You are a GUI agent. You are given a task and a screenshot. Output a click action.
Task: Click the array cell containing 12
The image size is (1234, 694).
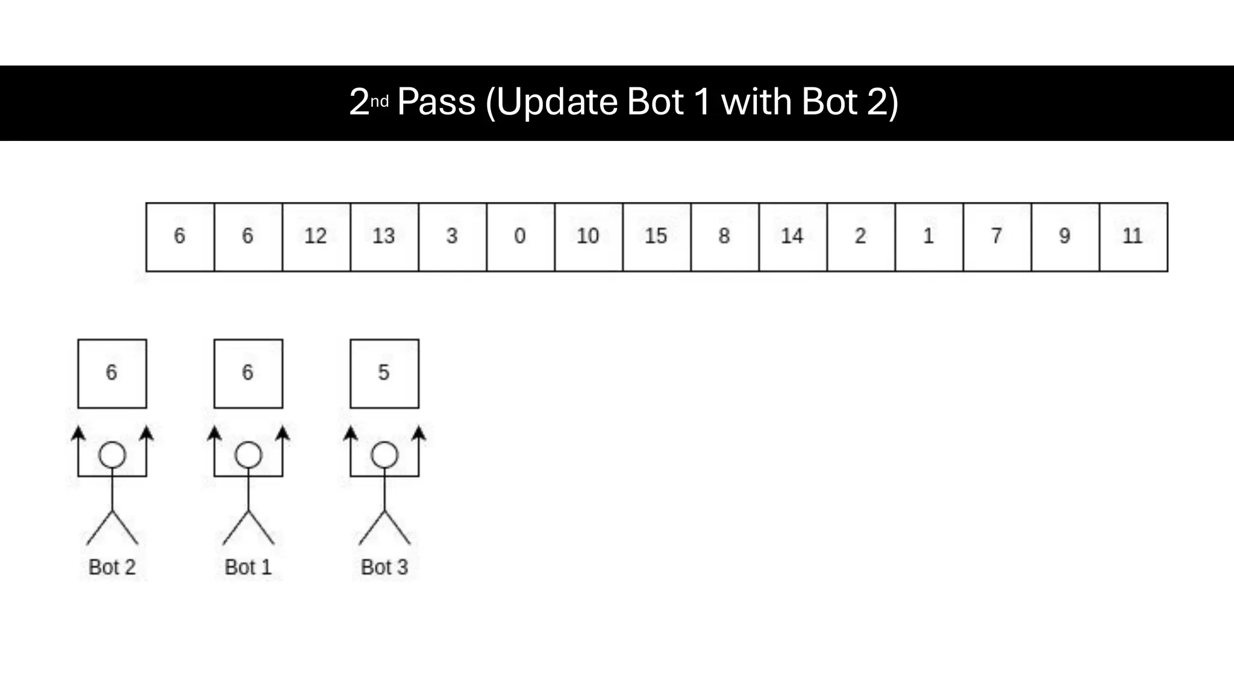[316, 237]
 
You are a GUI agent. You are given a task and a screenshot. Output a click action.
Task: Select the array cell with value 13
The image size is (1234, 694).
[384, 237]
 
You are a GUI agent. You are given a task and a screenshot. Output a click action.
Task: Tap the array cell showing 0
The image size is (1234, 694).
[521, 237]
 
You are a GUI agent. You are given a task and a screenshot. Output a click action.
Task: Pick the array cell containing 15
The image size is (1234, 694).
[657, 237]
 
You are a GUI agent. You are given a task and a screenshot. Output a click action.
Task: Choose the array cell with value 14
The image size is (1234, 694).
[793, 237]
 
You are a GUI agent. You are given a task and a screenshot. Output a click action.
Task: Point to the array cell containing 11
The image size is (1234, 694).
[1133, 237]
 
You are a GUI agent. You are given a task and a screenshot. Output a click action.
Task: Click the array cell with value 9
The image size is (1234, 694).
[1065, 237]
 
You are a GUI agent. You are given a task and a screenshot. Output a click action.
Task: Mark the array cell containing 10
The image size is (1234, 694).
[589, 237]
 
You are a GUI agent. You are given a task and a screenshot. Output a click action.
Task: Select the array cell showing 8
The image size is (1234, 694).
[725, 237]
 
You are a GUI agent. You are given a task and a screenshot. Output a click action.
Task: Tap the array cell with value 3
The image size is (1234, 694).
[453, 237]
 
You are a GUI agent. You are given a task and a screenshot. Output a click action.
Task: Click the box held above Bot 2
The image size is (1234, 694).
[112, 374]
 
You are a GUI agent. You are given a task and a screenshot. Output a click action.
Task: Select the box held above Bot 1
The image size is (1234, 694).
[248, 374]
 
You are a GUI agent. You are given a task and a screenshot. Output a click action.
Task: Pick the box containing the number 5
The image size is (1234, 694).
[384, 374]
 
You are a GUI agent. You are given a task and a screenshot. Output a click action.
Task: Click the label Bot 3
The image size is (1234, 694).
[384, 567]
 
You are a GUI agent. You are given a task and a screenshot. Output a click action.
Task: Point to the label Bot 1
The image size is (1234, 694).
[248, 567]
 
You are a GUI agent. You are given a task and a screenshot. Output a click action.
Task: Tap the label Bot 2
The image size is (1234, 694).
[112, 567]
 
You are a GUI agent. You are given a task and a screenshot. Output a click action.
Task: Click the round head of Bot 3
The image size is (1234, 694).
[384, 455]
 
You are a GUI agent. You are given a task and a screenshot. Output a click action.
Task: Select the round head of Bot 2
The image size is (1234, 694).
[112, 455]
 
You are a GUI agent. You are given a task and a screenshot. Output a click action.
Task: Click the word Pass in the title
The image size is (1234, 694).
[436, 102]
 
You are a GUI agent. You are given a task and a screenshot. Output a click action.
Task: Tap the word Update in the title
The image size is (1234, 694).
[558, 103]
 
